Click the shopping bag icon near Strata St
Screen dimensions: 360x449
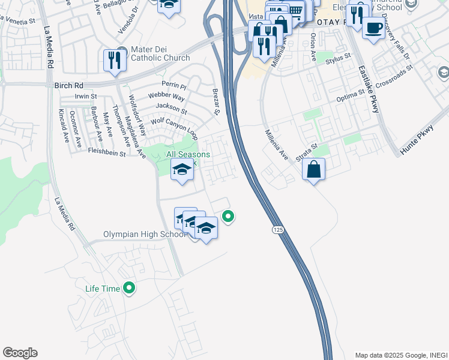313,170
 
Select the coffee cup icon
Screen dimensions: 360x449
373,28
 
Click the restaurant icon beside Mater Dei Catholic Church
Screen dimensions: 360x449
112,60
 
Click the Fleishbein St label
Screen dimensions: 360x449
106,153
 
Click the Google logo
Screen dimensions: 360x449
20,353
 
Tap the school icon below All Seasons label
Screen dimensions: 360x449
182,170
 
